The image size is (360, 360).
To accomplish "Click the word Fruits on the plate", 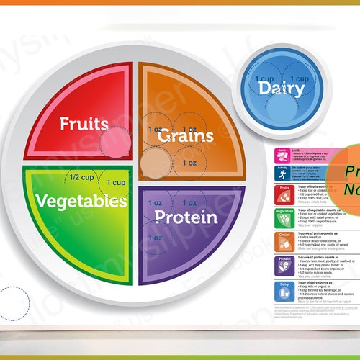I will pyautogui.click(x=84, y=123).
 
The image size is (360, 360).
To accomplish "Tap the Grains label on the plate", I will pyautogui.click(x=186, y=135).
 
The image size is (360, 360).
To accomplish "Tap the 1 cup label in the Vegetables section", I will pyautogui.click(x=116, y=183).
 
